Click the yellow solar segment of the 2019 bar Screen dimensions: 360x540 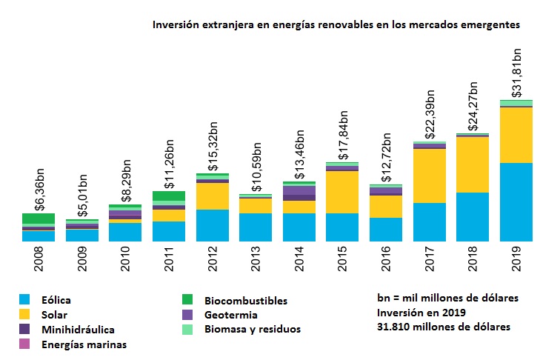point(516,135)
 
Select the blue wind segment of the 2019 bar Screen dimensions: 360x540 point(516,201)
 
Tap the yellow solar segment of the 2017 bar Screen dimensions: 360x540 point(429,176)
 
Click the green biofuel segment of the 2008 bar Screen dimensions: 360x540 point(39,219)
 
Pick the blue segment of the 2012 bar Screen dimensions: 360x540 point(212,225)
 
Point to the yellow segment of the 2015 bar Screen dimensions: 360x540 point(342,192)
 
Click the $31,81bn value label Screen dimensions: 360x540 point(517,71)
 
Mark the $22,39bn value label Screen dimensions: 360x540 point(430,113)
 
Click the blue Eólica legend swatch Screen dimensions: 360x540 point(27,300)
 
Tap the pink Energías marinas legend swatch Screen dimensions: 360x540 point(27,344)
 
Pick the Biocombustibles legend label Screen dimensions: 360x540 point(245,301)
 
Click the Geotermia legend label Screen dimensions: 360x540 point(232,315)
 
